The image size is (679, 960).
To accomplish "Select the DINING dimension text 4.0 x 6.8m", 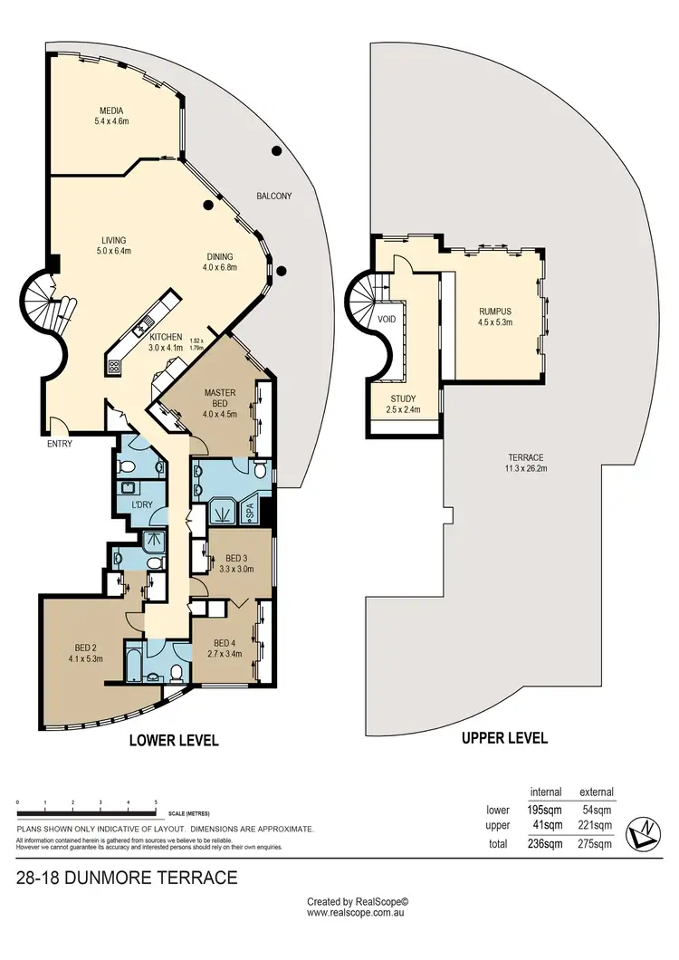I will tap(219, 267).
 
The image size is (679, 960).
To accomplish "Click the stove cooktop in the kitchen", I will tap(115, 367).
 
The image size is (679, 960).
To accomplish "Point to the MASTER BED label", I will tap(219, 398).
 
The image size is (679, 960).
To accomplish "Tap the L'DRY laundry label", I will tap(140, 504).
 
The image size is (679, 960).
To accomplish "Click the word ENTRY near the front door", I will tap(60, 444).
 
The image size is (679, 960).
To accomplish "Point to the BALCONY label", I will tap(273, 196).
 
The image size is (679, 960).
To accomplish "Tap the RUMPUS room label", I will tap(495, 311).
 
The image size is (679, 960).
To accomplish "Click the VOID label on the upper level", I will tap(387, 319).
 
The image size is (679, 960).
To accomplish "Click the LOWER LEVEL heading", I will tap(174, 740).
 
